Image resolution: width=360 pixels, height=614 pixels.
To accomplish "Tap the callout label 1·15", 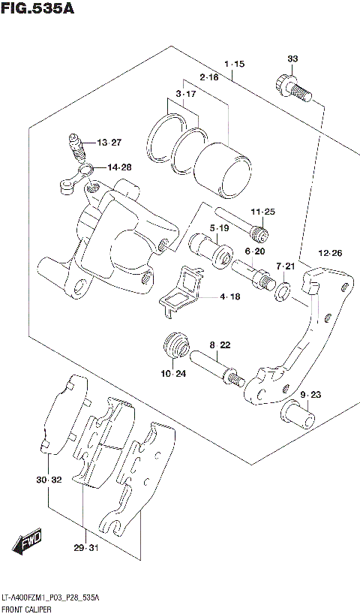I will coord(232,65).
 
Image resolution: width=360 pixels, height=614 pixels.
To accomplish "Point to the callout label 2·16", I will coord(208,77).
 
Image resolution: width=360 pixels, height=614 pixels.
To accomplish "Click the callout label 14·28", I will coord(118,167).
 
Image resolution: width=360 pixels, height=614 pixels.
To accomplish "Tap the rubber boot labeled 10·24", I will coord(175,347).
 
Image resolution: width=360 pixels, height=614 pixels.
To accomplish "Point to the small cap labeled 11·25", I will coord(260,231).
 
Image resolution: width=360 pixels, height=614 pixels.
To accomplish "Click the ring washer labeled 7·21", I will coord(283,292).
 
